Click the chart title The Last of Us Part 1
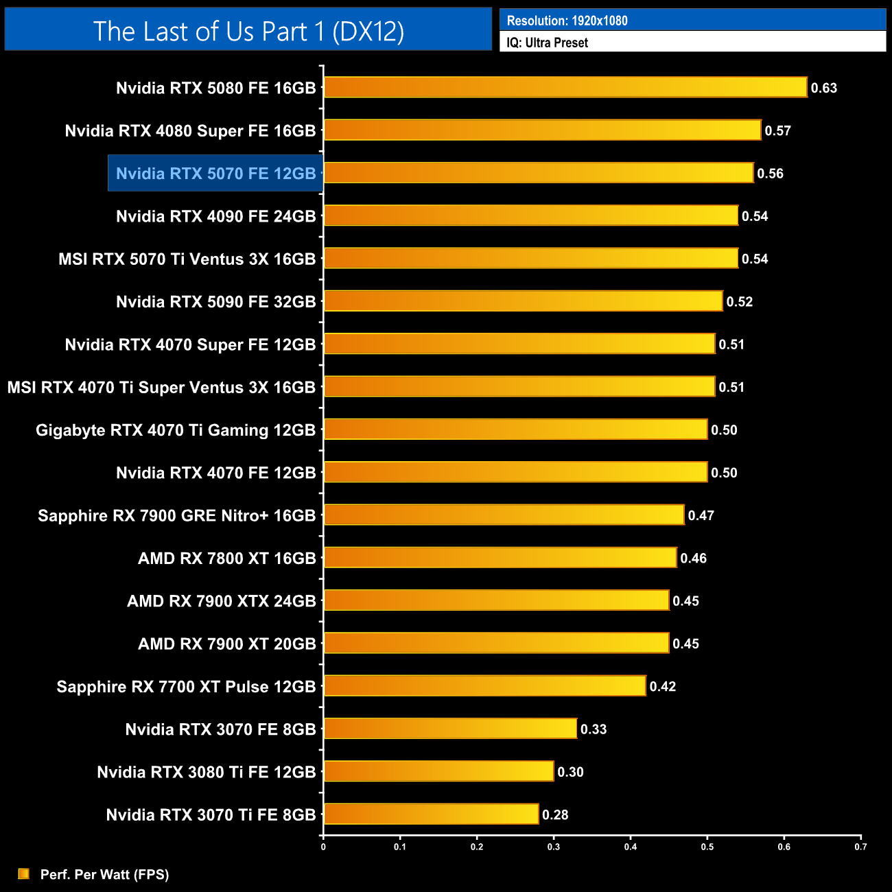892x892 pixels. [x=248, y=31]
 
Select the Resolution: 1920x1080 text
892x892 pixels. [x=567, y=21]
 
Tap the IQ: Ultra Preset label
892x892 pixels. [x=547, y=43]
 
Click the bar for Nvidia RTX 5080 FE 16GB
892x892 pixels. [x=565, y=87]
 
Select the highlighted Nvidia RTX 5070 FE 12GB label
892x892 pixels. [x=215, y=174]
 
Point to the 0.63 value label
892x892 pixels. [x=823, y=88]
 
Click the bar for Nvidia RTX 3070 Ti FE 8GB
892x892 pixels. [x=431, y=814]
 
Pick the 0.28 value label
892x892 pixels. [x=555, y=814]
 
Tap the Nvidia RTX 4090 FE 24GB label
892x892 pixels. [x=215, y=216]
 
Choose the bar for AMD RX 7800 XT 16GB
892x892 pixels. [x=500, y=557]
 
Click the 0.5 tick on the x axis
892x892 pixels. [x=707, y=847]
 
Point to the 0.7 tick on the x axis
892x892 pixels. [x=860, y=847]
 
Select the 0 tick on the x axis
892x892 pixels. [x=323, y=847]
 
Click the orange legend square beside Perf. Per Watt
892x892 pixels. [x=23, y=873]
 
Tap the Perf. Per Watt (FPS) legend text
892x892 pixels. [x=104, y=874]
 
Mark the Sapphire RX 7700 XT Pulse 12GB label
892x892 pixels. [x=186, y=686]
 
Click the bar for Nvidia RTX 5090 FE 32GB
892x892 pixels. [x=523, y=301]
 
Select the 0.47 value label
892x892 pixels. [x=701, y=515]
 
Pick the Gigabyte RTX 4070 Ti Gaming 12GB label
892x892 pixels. [x=176, y=430]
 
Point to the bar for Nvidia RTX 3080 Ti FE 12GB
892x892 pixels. [x=438, y=771]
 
